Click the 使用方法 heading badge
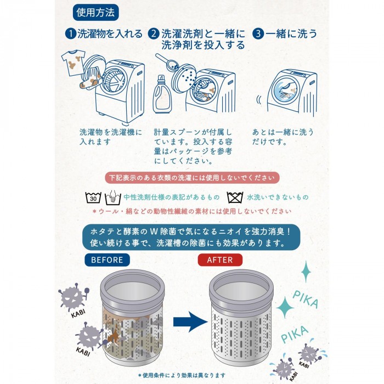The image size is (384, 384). (x=96, y=13)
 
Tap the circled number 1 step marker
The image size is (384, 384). (x=71, y=33)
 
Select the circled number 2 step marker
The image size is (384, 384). (x=154, y=33)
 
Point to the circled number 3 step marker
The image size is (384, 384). (x=258, y=33)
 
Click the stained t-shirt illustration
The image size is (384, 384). (x=74, y=63)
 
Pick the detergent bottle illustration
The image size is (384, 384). (x=162, y=94)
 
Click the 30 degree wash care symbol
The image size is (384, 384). (x=93, y=197)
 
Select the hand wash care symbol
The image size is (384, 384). (x=113, y=197)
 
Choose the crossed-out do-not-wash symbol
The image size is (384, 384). (x=235, y=197)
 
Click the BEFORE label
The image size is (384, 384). (x=107, y=260)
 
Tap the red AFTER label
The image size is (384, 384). (x=220, y=260)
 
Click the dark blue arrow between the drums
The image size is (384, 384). (x=190, y=322)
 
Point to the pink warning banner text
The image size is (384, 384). (x=192, y=178)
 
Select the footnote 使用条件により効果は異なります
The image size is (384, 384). (x=182, y=375)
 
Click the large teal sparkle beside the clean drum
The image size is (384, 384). (x=285, y=307)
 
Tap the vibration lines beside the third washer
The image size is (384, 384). (x=259, y=100)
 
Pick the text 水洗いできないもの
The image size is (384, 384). (x=278, y=197)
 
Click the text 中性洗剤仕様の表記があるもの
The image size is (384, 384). (x=172, y=197)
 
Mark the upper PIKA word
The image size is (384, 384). (x=306, y=299)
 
